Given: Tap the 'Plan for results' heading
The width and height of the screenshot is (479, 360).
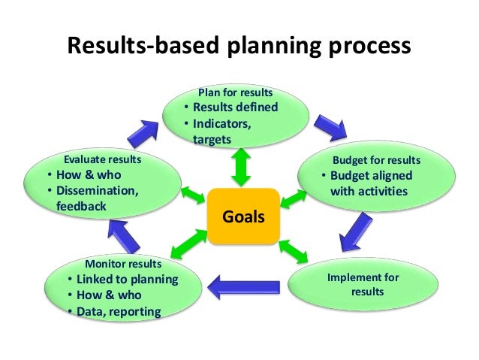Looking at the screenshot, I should point(235,92).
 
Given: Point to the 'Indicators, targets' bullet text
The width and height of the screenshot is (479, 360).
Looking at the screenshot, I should point(221,130).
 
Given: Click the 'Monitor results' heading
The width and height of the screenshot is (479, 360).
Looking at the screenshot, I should point(122,265).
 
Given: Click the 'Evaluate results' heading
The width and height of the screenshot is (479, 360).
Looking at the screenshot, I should point(102,160).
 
